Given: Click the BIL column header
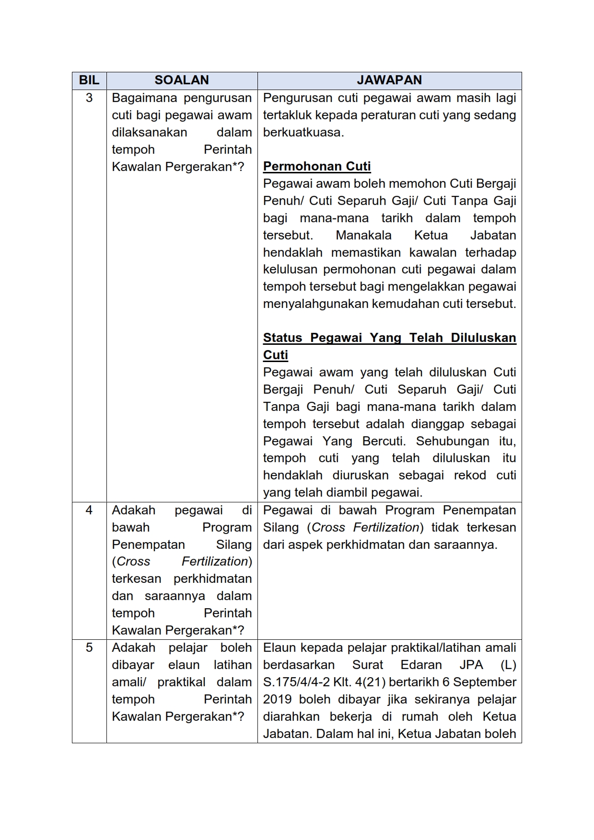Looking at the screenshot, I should pos(89,80).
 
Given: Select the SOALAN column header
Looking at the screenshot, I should pos(182,80).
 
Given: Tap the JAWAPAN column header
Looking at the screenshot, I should pos(389,80).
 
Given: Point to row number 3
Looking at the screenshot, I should pos(89,98).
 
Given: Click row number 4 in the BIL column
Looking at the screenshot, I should pos(89,510).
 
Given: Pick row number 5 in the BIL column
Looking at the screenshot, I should pos(89,647).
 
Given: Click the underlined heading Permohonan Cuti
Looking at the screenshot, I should pos(317,166).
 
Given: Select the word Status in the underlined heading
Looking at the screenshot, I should pos(282,338).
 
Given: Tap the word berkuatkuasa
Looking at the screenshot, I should pos(303,132).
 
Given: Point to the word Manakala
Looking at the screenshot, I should pos(363,235).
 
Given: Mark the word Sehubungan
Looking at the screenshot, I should pos(453,441).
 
